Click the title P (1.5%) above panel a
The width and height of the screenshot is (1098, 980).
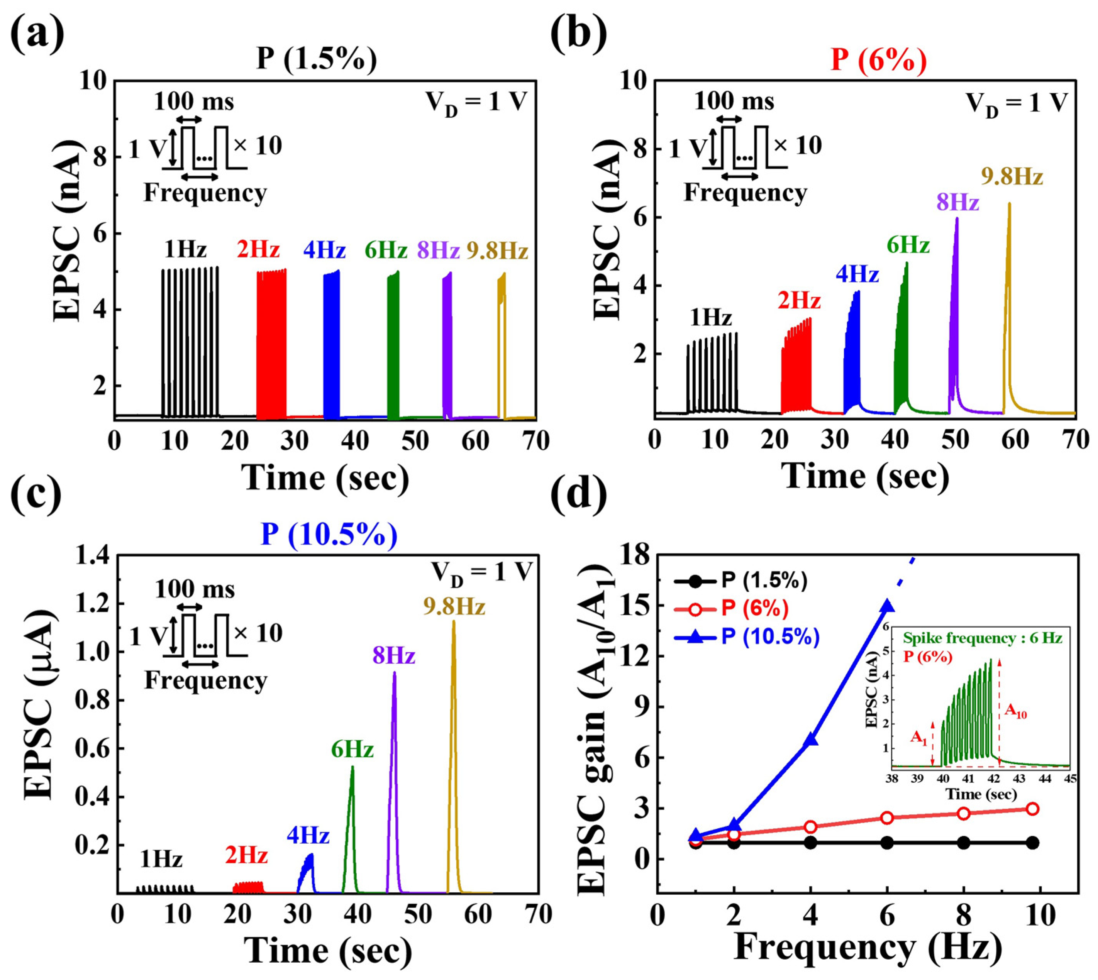317,59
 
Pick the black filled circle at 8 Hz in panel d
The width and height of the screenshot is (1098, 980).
963,843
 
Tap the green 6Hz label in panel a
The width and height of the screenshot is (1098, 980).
386,251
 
